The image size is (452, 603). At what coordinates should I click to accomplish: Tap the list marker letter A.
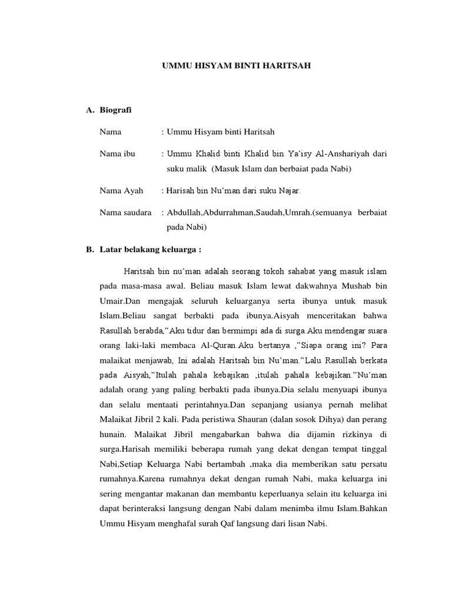(x=89, y=110)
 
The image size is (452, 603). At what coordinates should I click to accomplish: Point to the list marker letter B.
(x=89, y=250)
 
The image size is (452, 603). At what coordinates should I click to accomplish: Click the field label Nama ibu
(x=117, y=154)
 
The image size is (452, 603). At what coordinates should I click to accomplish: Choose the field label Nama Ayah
(x=121, y=191)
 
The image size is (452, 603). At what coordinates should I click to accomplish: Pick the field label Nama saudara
(x=125, y=212)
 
